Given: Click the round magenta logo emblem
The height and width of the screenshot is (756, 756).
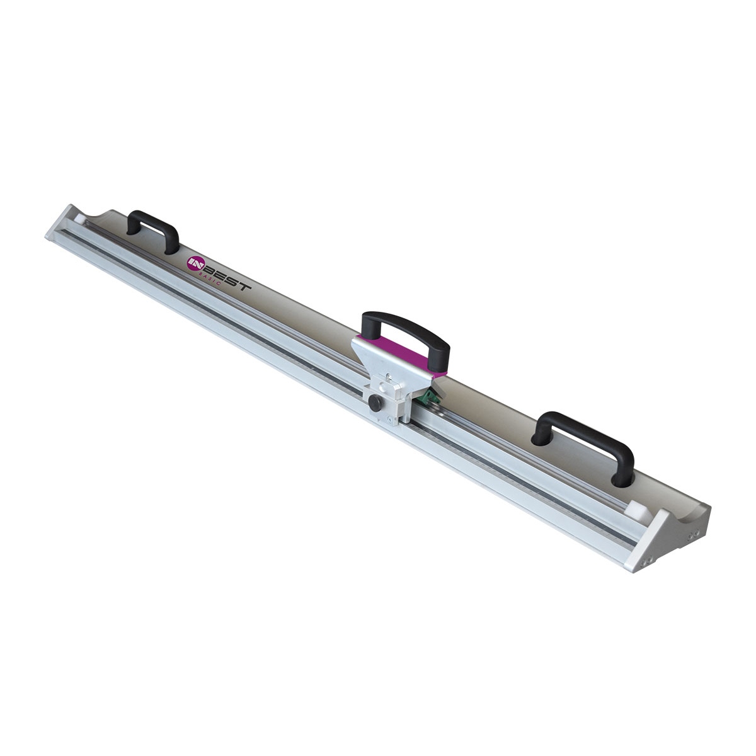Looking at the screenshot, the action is coord(195,263).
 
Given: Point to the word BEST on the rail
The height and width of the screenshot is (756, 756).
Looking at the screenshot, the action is coord(226,277).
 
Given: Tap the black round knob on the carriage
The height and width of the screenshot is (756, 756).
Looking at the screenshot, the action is coord(375,403).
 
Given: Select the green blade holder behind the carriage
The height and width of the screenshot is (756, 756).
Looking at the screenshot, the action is coord(429,396).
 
